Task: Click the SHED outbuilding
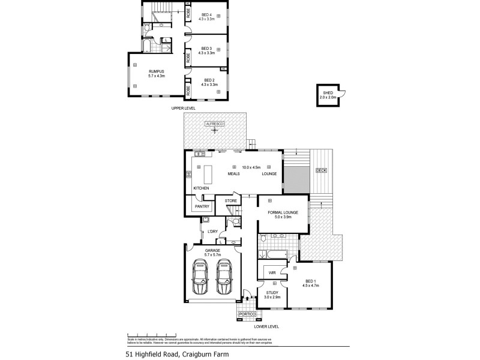click(328, 95)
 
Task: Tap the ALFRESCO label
click(214, 123)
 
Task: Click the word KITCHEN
click(201, 188)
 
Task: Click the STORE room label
click(231, 200)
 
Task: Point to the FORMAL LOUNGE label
click(283, 212)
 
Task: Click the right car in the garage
click(224, 278)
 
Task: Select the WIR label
click(272, 272)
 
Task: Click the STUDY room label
click(272, 293)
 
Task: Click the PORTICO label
click(247, 314)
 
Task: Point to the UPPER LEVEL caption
click(184, 108)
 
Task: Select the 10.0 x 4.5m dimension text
click(251, 167)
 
